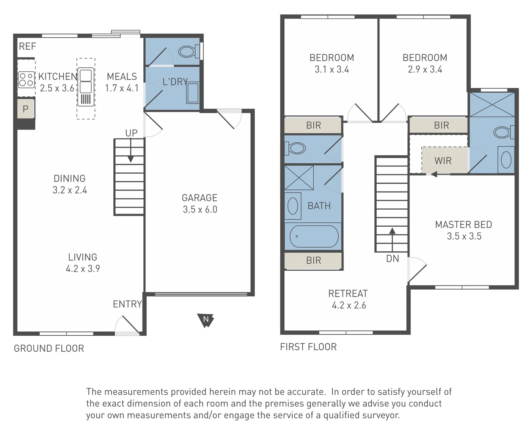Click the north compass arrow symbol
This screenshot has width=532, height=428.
pos(206,320)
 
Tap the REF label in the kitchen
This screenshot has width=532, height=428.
pos(27,46)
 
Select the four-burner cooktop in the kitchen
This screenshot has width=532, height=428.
pos(26,79)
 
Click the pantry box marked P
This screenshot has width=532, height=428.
pos(26,109)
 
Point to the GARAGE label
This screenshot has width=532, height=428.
pos(199,198)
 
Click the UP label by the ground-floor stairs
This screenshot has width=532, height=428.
pos(131,133)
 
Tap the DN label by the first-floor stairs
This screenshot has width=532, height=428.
pos(392,259)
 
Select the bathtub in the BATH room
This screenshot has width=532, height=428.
pos(314,237)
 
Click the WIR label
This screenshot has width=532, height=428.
pos(442,161)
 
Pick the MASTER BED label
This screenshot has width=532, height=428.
pos(463,225)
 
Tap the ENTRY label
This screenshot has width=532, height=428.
pos(127,304)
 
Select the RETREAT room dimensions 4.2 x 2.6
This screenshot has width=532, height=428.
pos(349,305)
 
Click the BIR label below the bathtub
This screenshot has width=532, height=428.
pos(313,260)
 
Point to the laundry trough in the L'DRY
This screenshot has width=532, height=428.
pos(193,92)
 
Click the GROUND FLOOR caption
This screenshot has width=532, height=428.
pos(49,348)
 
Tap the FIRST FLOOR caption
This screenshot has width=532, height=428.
pos(308,347)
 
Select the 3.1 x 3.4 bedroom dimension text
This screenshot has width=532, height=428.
pos(332,69)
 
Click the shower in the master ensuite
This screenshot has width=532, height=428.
pos(492,105)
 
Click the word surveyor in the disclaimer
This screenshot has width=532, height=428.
pos(383,415)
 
